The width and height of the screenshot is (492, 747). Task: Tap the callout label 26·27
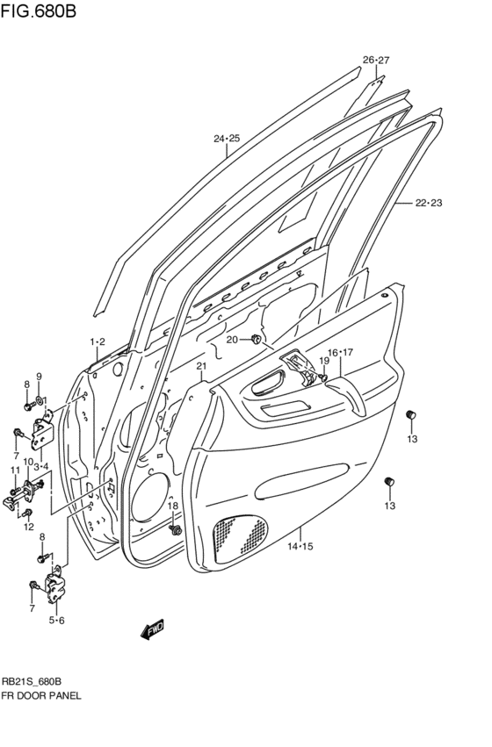point(375,61)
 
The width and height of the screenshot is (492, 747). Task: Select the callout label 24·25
point(226,139)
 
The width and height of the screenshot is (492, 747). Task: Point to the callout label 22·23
point(429,204)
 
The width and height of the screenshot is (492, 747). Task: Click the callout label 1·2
point(97,341)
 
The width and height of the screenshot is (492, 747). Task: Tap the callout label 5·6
point(57,621)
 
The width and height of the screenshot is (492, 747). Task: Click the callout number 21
point(200,366)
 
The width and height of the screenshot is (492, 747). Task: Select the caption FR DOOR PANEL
point(41,695)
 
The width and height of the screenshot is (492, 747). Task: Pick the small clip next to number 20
point(256,339)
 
